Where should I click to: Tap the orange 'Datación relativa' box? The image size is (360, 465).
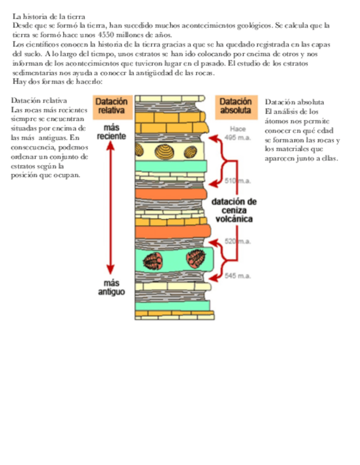coord(112,106)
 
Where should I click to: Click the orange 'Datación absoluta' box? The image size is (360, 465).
coord(235,106)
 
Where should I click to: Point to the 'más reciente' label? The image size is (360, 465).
coord(111,132)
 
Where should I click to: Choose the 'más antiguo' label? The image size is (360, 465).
coord(111,288)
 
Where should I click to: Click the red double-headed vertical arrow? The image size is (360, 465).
coord(111,208)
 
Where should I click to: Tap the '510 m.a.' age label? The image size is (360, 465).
coord(237,180)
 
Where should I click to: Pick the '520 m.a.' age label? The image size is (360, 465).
coord(237,241)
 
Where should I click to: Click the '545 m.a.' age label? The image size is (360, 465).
coord(237,276)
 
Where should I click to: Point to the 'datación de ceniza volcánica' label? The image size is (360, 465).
coord(234,210)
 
